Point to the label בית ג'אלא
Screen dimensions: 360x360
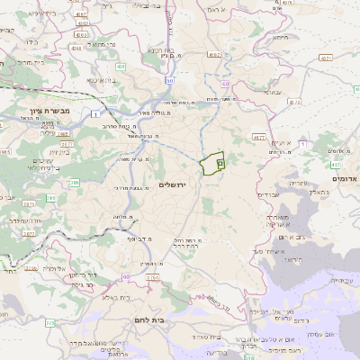tap(116, 297)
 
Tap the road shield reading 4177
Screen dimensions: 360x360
tap(260, 138)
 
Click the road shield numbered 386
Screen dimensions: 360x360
tap(75, 183)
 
